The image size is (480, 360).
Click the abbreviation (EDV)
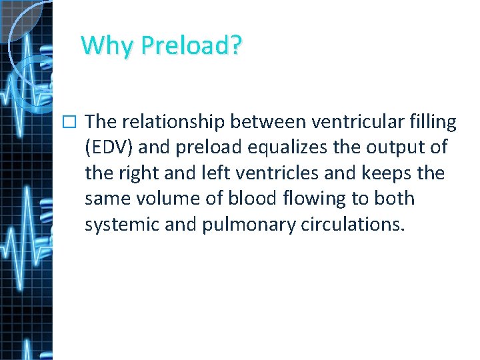click(109, 147)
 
